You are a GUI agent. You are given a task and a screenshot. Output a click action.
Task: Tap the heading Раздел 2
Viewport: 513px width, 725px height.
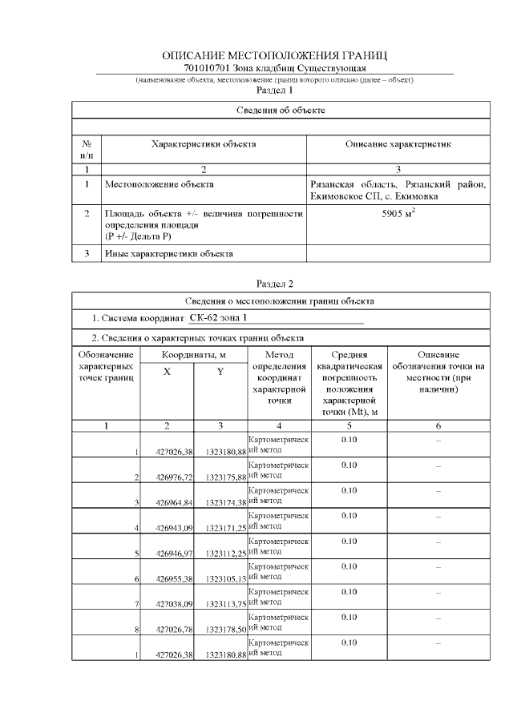tap(274, 283)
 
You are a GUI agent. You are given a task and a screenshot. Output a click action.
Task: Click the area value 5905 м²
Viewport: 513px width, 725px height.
tap(398, 215)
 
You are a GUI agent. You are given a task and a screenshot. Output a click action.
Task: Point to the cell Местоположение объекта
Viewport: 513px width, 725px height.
tap(160, 184)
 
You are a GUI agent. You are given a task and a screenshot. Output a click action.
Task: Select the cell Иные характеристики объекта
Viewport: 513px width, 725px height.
tap(169, 254)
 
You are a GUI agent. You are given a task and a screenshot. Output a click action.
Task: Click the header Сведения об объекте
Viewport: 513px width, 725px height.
tap(281, 109)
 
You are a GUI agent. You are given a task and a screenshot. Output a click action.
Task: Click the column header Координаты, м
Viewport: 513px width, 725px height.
tap(194, 354)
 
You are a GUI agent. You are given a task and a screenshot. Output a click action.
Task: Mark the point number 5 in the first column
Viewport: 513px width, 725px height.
tap(137, 554)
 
